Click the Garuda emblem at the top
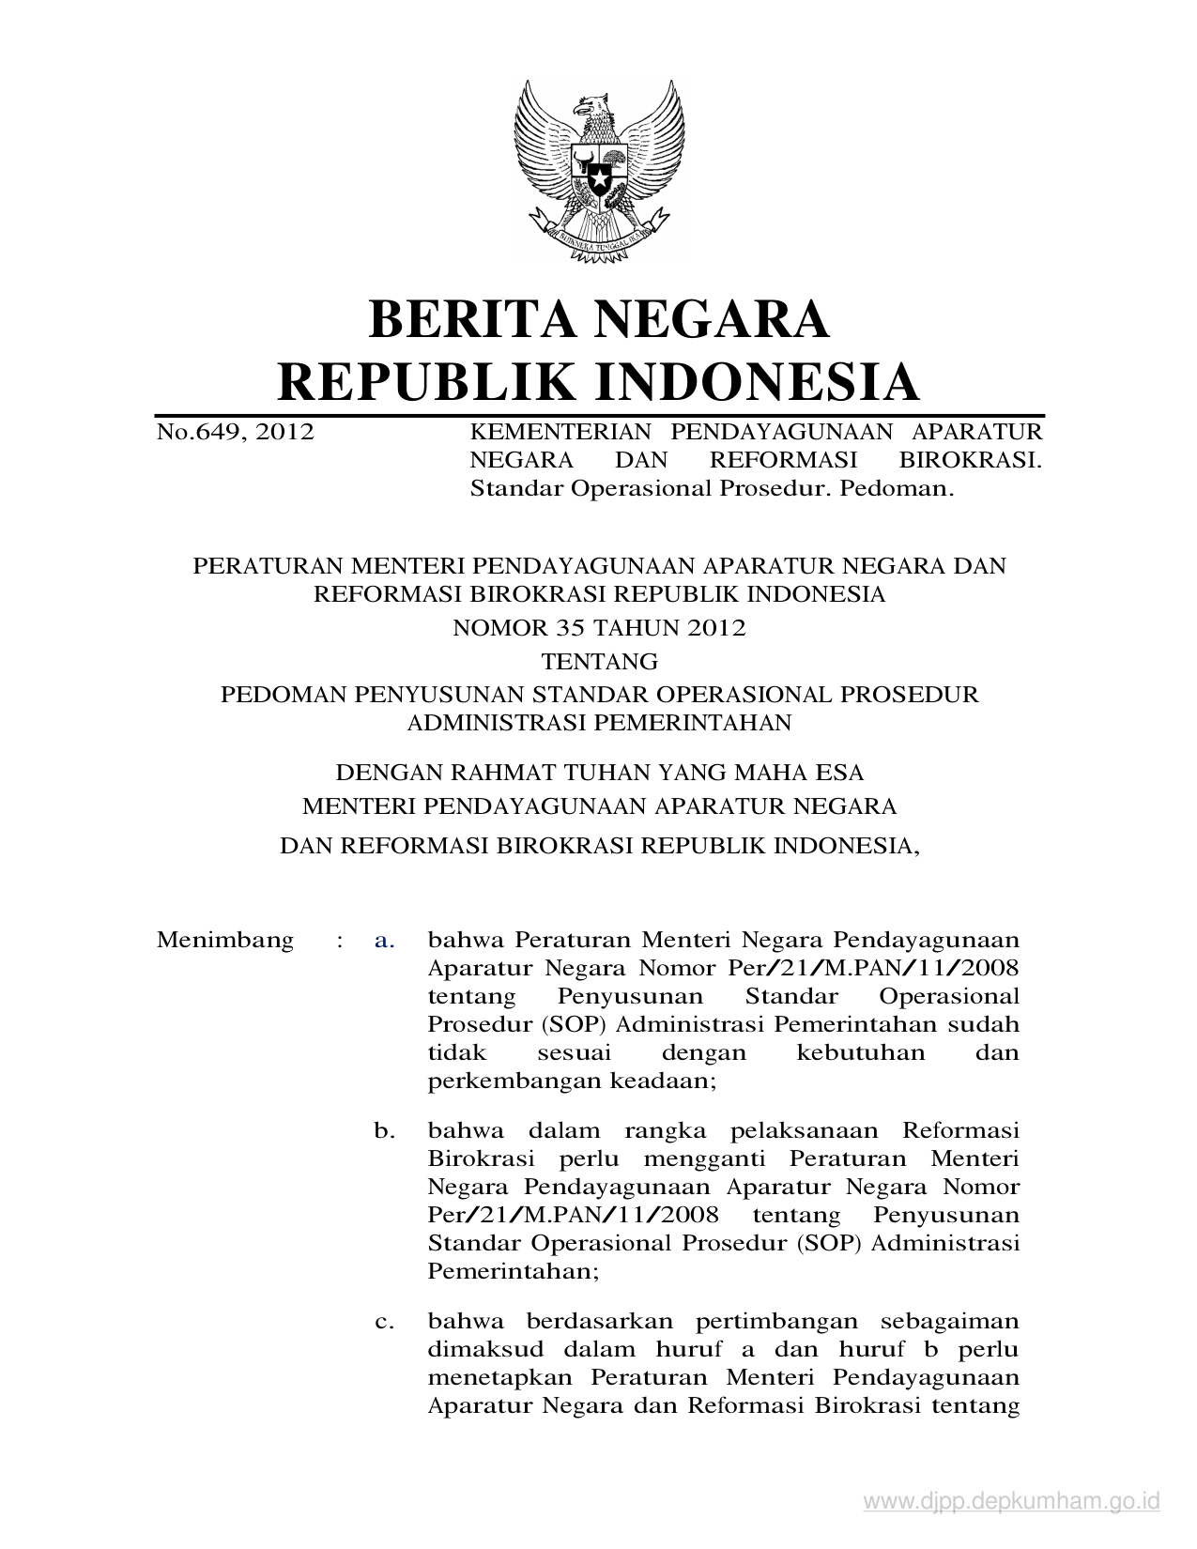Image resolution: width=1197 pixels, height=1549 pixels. [599, 169]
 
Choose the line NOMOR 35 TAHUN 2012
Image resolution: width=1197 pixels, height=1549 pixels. [599, 629]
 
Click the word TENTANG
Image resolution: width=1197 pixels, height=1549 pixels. [600, 662]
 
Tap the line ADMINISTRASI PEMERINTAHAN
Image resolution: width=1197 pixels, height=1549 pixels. [599, 723]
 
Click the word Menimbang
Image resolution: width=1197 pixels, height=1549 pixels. [224, 940]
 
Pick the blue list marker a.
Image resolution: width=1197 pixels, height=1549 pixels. [384, 940]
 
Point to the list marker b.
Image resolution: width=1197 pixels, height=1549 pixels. [384, 1130]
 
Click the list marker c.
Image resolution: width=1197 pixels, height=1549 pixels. [384, 1322]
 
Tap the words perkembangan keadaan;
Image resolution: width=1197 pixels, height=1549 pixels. [572, 1081]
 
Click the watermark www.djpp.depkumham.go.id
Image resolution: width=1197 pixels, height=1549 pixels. [1011, 1503]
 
